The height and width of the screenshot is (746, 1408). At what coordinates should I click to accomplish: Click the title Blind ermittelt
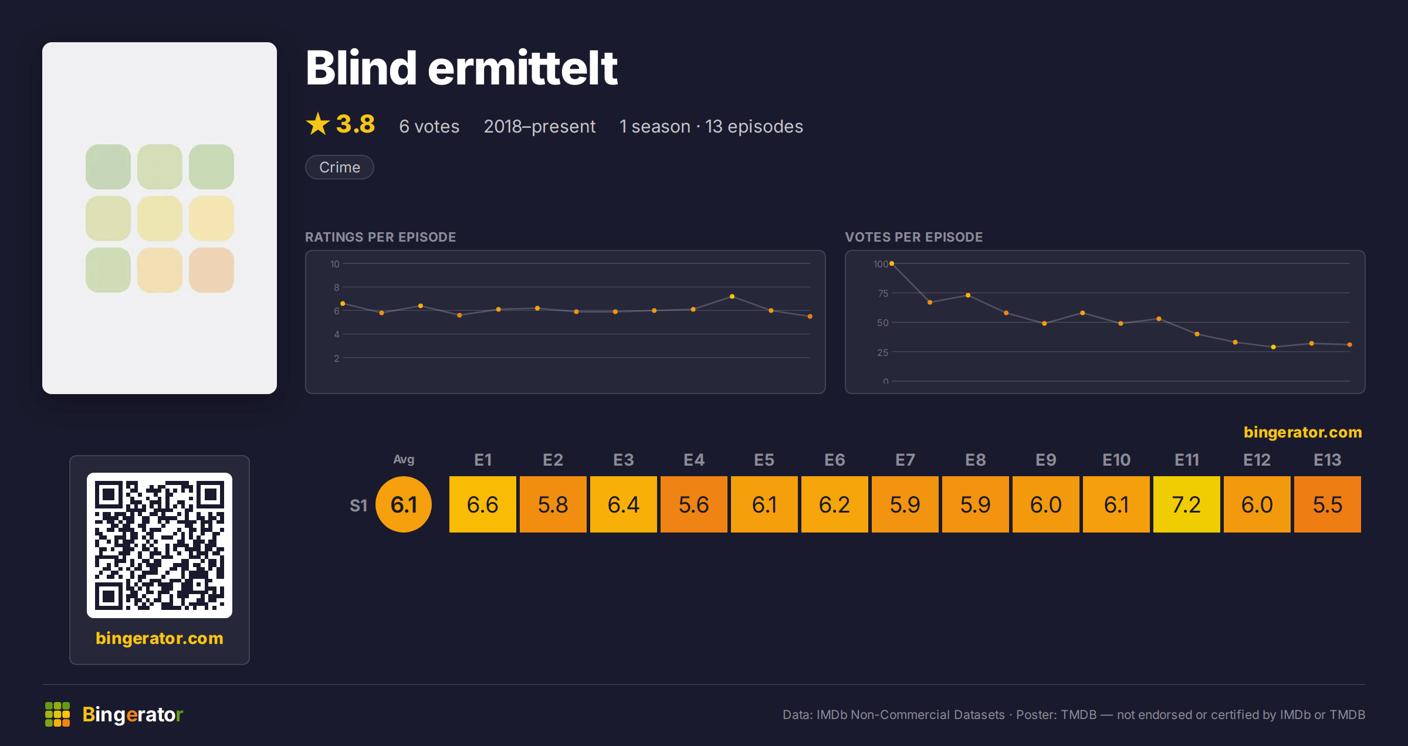461,68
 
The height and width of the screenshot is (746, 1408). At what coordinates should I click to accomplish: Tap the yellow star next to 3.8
318,124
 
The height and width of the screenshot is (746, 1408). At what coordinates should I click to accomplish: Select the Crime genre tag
340,167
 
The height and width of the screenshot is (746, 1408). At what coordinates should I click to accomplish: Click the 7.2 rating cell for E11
1186,504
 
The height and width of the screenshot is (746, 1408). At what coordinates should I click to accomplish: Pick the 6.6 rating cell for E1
482,504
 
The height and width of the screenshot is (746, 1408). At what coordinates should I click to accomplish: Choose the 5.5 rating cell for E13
1327,504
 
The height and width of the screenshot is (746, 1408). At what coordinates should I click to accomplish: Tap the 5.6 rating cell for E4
693,504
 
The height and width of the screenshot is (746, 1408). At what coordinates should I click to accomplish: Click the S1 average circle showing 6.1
404,504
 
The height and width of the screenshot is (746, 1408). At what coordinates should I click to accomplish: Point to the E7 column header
905,460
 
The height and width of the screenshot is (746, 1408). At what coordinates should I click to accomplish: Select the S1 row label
358,506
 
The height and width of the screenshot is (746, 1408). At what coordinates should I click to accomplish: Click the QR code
160,545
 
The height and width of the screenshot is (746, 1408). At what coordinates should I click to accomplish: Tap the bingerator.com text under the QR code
160,638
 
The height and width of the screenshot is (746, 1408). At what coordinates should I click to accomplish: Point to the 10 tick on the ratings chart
335,264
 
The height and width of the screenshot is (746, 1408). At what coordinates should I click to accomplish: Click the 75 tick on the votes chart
883,293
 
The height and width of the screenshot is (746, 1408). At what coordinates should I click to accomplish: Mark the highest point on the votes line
892,264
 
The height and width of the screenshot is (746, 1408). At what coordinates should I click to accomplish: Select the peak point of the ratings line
732,297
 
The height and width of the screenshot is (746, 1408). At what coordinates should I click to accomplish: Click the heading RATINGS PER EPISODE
380,237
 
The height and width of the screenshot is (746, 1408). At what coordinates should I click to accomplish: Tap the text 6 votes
429,126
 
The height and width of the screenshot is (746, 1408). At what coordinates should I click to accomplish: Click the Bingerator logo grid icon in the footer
57,714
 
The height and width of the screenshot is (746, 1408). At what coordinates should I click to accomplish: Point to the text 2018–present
540,126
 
